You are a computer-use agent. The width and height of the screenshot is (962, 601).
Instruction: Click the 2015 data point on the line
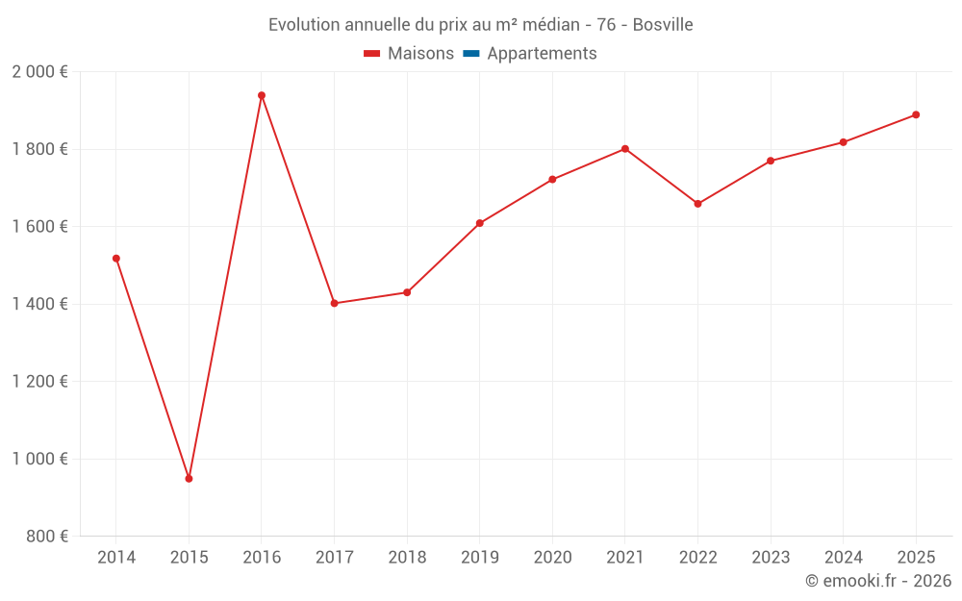click(x=189, y=478)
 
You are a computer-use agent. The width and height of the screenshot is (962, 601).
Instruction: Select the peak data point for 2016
click(x=262, y=95)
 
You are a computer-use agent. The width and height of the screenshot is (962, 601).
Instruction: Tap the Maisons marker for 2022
click(x=697, y=204)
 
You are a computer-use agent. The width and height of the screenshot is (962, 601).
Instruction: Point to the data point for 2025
click(x=916, y=114)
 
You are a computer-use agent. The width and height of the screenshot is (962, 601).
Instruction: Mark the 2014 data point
click(x=116, y=259)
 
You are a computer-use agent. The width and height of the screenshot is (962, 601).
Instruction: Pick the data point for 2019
click(x=479, y=223)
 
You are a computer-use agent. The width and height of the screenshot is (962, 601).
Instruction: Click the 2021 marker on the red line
click(x=625, y=149)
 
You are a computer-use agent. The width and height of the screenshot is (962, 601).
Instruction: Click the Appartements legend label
click(x=542, y=54)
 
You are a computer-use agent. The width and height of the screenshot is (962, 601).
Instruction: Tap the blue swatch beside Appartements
click(x=471, y=54)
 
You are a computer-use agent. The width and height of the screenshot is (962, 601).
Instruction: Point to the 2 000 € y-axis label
click(x=40, y=72)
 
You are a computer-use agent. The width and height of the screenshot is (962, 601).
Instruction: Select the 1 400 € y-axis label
click(x=40, y=304)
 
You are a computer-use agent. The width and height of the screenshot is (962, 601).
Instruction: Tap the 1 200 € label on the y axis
click(x=40, y=382)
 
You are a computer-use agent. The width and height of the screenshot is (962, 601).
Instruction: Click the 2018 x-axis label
click(x=407, y=558)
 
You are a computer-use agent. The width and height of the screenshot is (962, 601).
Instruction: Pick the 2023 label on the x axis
click(x=771, y=558)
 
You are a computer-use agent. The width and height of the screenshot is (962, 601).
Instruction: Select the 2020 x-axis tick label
click(x=552, y=558)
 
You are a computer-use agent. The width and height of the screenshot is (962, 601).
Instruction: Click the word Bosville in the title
click(x=663, y=24)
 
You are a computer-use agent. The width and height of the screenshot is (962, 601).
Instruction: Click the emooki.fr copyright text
click(x=878, y=581)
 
